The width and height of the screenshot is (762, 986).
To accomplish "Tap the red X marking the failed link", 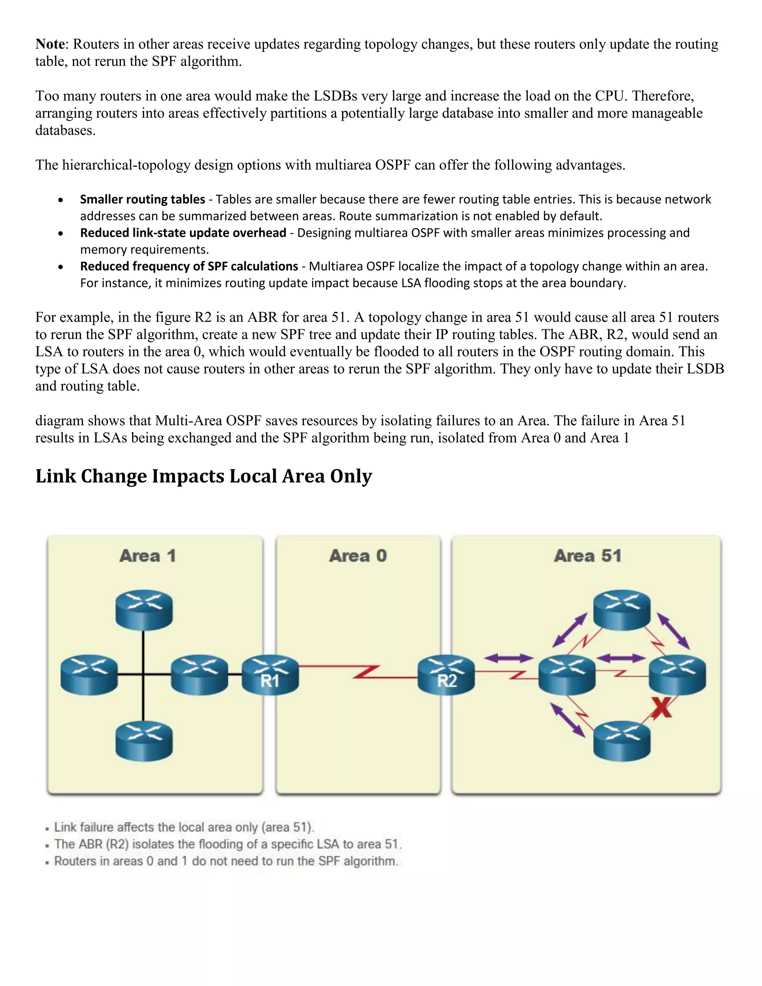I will pyautogui.click(x=661, y=707).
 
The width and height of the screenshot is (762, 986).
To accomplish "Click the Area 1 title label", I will pyautogui.click(x=148, y=556).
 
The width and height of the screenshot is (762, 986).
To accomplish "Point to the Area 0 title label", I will pyautogui.click(x=358, y=556).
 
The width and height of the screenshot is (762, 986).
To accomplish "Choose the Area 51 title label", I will pyautogui.click(x=588, y=556).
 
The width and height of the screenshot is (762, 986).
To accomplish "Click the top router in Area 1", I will pyautogui.click(x=144, y=609).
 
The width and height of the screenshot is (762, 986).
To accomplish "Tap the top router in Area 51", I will pyautogui.click(x=622, y=609).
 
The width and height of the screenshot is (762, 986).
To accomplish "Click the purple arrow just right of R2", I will pyautogui.click(x=508, y=658).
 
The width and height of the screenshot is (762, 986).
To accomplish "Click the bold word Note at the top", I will pyautogui.click(x=51, y=44).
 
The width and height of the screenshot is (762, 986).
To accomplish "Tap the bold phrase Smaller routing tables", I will pyautogui.click(x=142, y=199).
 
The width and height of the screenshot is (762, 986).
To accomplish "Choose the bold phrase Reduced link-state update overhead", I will pyautogui.click(x=183, y=233).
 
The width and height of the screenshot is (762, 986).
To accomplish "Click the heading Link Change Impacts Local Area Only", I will pyautogui.click(x=204, y=476).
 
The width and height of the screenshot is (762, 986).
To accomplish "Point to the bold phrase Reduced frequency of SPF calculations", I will pyautogui.click(x=189, y=266).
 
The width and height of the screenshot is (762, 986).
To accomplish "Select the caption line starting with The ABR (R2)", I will pyautogui.click(x=227, y=844).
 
